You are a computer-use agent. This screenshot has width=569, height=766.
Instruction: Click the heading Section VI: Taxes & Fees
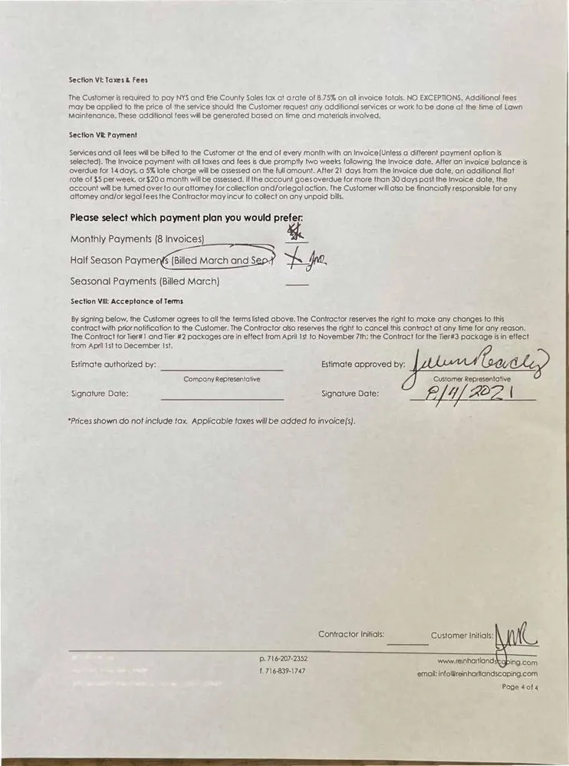pyautogui.click(x=108, y=80)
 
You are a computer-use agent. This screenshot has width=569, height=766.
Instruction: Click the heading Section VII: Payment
pyautogui.click(x=103, y=135)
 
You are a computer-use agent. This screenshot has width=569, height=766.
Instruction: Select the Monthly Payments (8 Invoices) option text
pyautogui.click(x=137, y=239)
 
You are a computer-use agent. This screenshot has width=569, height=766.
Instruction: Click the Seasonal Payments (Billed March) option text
pyautogui.click(x=145, y=281)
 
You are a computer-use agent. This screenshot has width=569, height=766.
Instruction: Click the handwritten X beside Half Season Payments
pyautogui.click(x=295, y=260)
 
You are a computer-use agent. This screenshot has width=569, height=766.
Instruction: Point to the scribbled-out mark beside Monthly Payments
pyautogui.click(x=293, y=229)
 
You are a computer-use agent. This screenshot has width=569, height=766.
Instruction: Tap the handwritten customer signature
pyautogui.click(x=475, y=361)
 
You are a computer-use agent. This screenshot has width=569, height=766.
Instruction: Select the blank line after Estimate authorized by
pyautogui.click(x=222, y=370)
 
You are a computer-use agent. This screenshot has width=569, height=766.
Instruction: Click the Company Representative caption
pyautogui.click(x=222, y=379)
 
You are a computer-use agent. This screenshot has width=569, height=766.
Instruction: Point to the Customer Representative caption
pyautogui.click(x=472, y=379)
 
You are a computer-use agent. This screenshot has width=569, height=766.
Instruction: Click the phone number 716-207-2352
pyautogui.click(x=284, y=659)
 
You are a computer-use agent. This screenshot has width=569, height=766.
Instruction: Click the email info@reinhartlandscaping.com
pyautogui.click(x=477, y=674)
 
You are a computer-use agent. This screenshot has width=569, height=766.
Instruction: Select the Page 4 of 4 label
pyautogui.click(x=520, y=687)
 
